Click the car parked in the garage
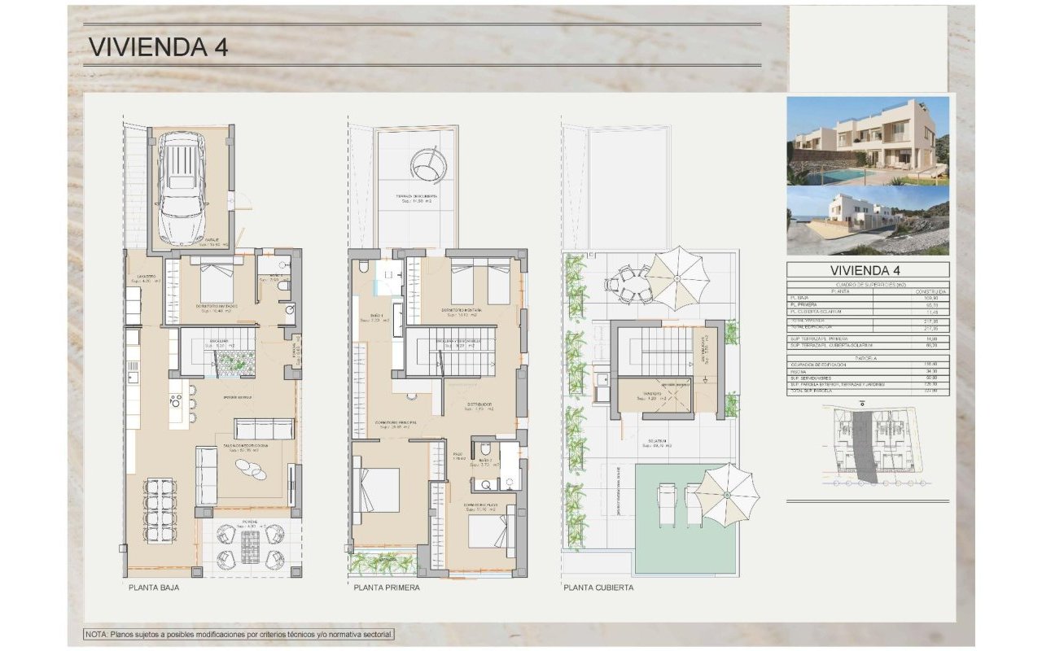coord(182,189)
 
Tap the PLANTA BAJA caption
coord(153,587)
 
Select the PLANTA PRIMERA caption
coord(387,587)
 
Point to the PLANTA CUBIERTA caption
coord(598,587)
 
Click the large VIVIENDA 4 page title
coord(158,46)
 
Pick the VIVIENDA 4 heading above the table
coord(868,270)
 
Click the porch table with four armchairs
coord(251,546)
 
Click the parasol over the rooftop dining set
coord(677,277)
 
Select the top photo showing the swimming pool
coord(868,140)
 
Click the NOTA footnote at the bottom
coord(239,634)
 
